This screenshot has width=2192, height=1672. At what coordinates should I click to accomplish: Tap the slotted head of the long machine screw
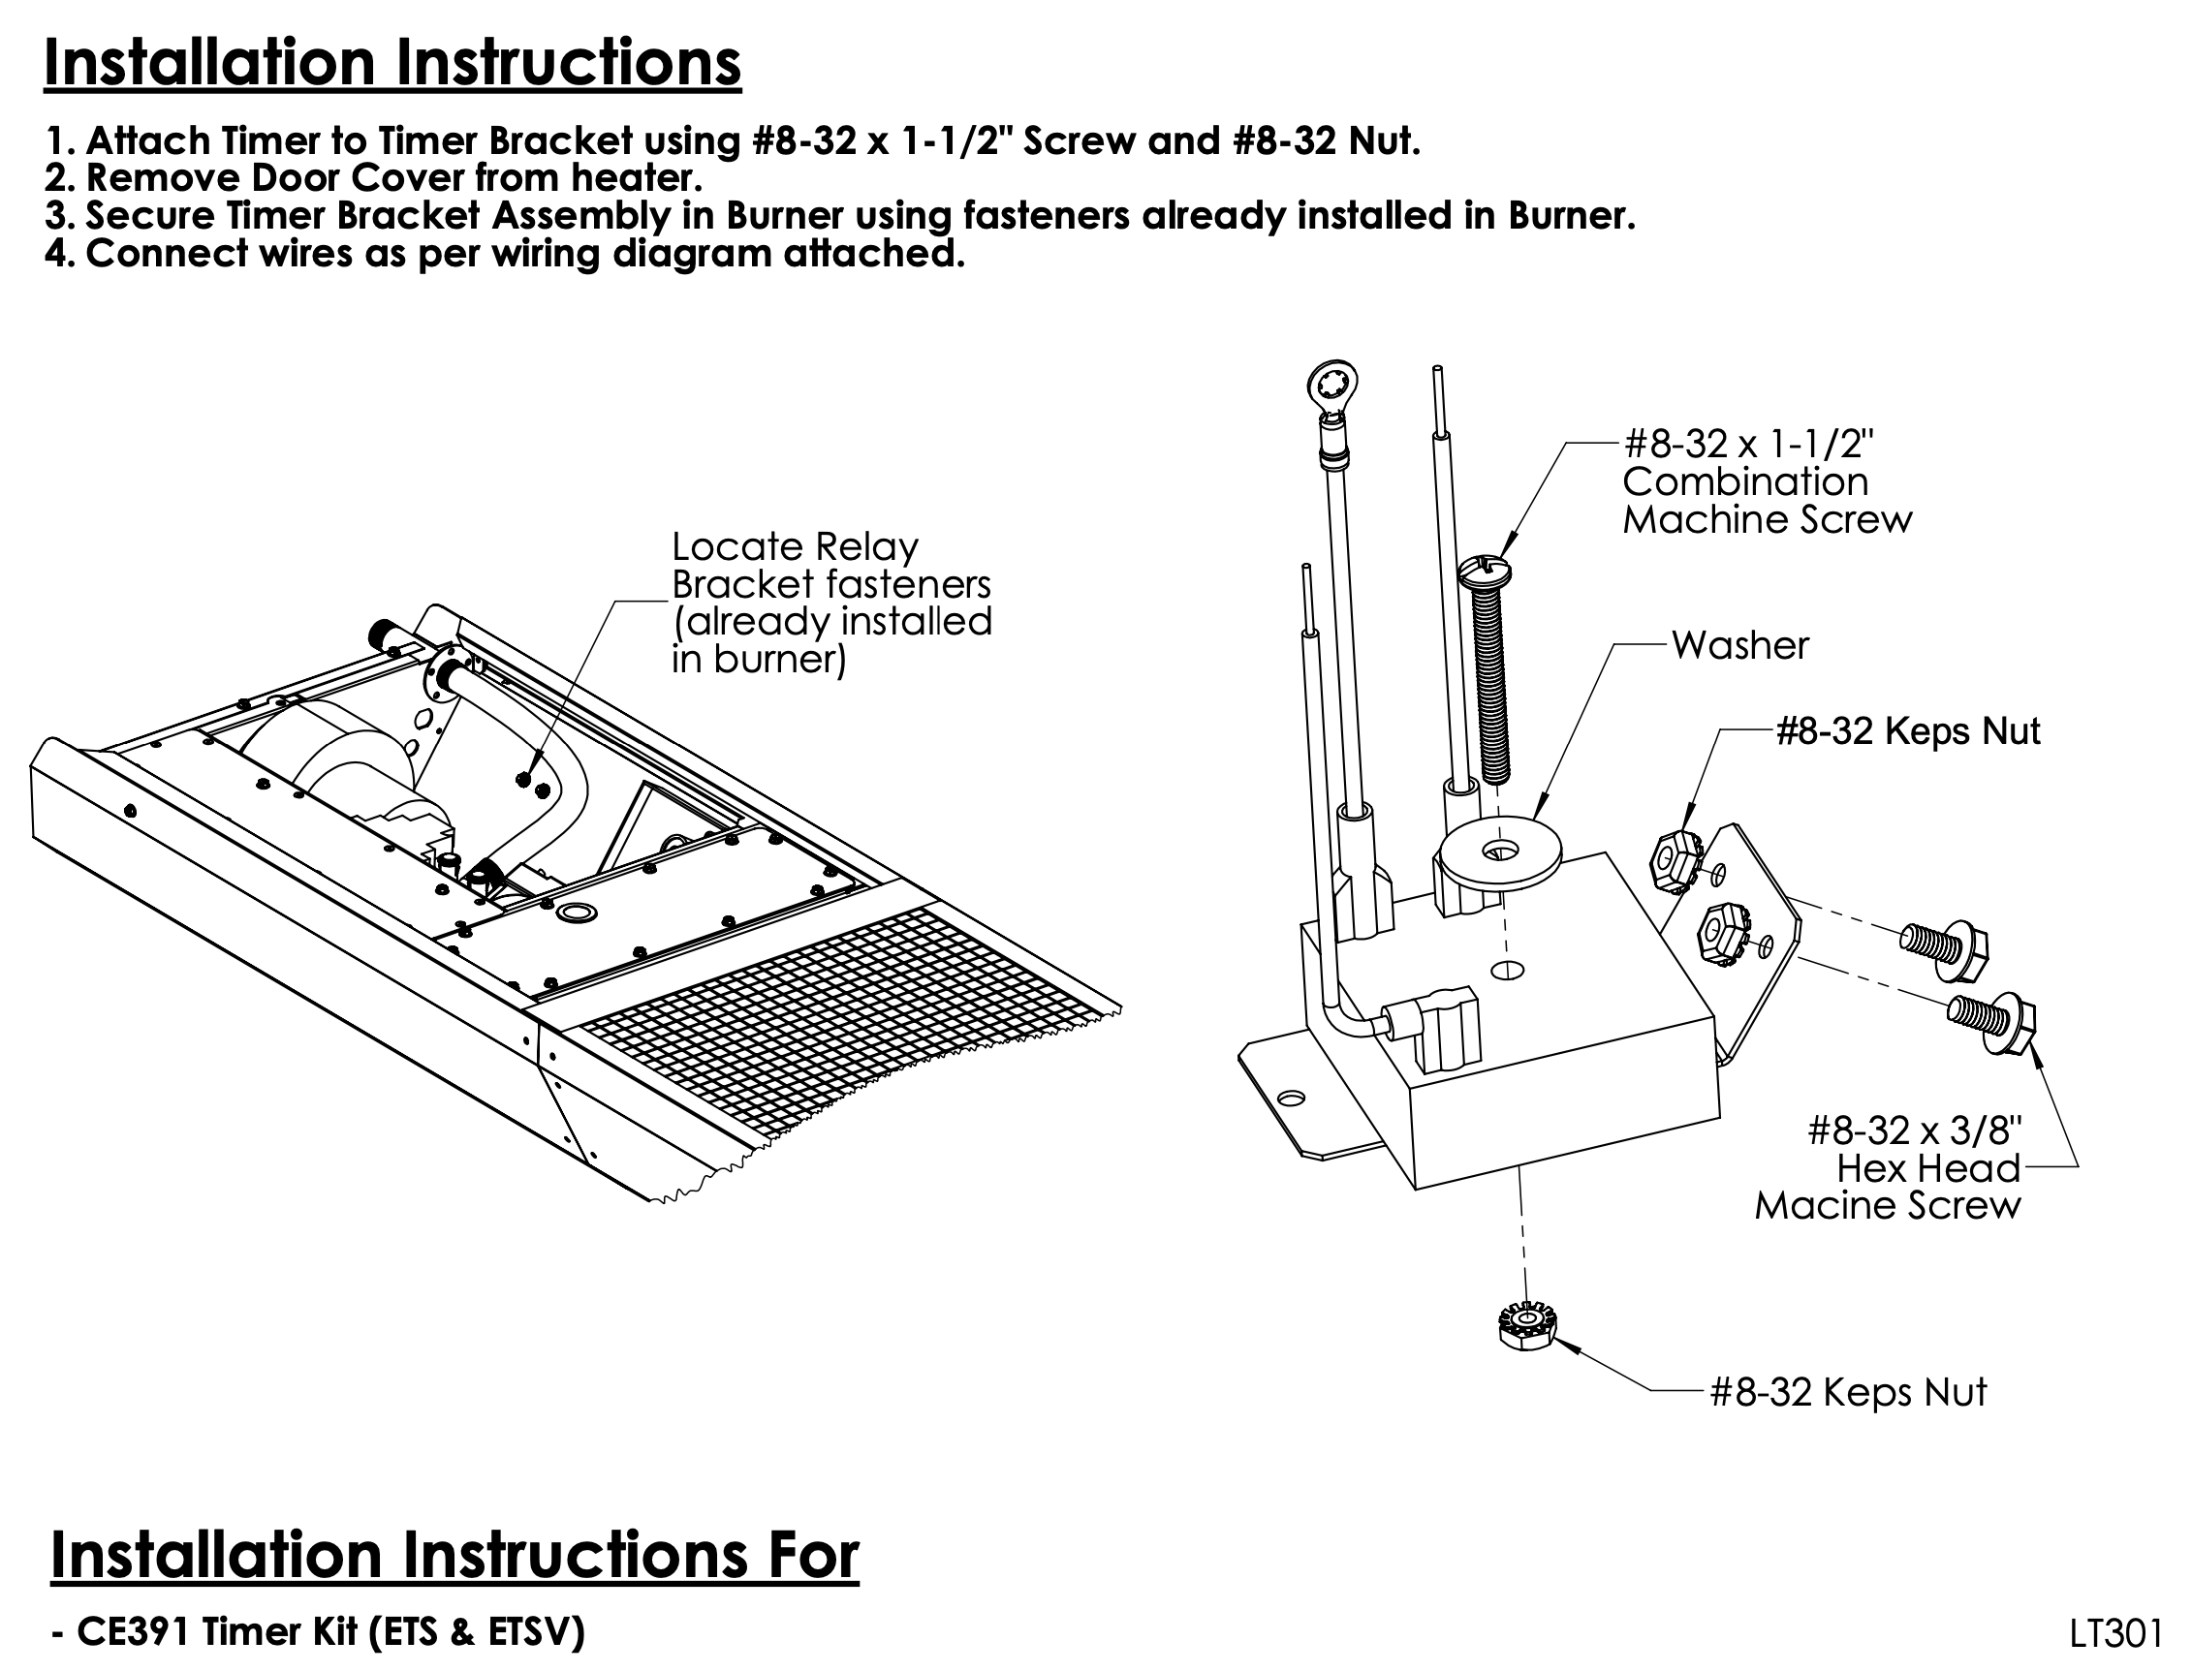tap(1486, 573)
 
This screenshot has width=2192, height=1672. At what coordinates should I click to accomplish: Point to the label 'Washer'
tap(1739, 646)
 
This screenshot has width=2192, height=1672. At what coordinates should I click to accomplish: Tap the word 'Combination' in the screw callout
tap(1745, 482)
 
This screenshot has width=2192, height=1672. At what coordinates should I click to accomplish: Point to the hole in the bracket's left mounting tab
tap(1290, 1098)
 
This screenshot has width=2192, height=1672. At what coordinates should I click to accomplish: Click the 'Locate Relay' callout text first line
tap(795, 547)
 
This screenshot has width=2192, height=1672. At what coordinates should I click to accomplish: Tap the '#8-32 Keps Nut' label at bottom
tap(1848, 1391)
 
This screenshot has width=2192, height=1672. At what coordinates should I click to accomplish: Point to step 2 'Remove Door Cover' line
tap(373, 178)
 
